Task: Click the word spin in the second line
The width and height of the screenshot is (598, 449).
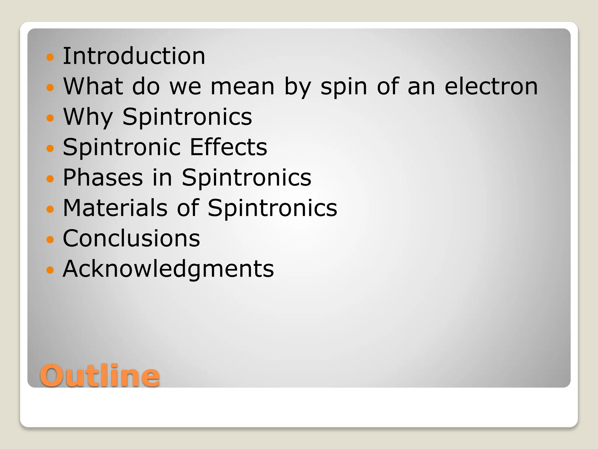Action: [344, 87]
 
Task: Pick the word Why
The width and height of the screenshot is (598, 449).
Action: [88, 117]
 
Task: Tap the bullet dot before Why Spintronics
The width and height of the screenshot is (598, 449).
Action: [50, 118]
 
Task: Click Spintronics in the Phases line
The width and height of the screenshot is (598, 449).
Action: [246, 178]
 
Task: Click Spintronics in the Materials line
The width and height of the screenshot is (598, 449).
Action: [272, 208]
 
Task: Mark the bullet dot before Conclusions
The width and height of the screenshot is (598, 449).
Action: [50, 239]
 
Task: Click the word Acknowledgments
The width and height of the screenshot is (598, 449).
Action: [168, 269]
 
